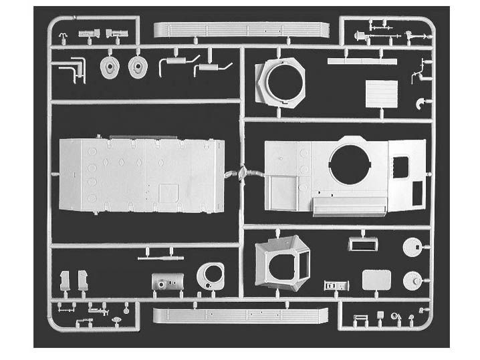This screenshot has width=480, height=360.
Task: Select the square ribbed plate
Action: click(x=380, y=94)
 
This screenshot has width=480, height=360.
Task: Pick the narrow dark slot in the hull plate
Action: click(x=418, y=192)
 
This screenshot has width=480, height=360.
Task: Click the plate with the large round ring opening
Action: click(x=212, y=275)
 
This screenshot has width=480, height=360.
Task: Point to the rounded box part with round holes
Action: click(x=167, y=281)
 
